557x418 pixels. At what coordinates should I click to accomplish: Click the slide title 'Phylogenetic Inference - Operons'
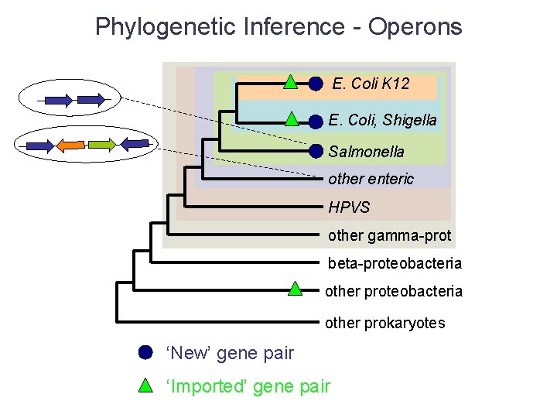[278, 27]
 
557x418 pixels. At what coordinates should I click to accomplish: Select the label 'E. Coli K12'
[371, 84]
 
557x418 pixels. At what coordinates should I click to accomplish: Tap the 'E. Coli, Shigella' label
[382, 120]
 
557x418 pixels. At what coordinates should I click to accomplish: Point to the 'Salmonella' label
[366, 151]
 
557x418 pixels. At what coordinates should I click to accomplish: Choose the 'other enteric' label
[371, 179]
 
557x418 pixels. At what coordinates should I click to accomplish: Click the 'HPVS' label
[349, 207]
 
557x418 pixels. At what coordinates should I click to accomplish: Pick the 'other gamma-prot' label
[389, 235]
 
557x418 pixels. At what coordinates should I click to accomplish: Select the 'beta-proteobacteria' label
[395, 263]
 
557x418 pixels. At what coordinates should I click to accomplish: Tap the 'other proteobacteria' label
[394, 291]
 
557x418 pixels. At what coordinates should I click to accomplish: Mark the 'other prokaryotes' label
[384, 323]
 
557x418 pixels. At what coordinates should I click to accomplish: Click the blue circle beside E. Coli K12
[316, 84]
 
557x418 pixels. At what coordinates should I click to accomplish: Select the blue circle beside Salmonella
[316, 151]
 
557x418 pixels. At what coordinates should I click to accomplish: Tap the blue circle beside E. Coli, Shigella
[316, 122]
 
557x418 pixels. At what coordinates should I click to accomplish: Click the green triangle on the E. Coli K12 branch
[289, 81]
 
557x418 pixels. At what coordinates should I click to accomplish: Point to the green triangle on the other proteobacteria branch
[295, 290]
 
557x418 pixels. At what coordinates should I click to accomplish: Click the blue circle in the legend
[145, 352]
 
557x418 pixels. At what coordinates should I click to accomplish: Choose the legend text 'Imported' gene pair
[248, 386]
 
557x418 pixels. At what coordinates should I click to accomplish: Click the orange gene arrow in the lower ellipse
[72, 144]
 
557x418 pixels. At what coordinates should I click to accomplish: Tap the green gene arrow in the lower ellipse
[101, 144]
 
